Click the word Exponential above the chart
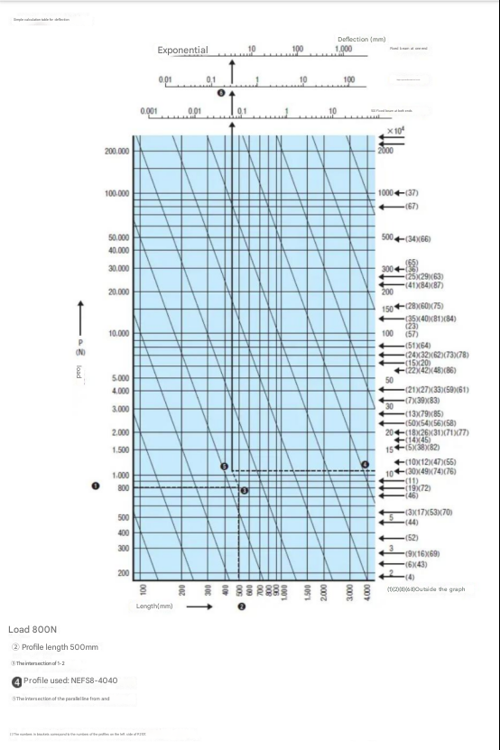click(182, 51)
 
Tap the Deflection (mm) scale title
click(361, 40)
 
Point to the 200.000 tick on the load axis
click(118, 151)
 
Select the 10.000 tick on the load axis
click(118, 334)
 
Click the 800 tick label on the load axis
click(125, 487)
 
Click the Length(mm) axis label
click(153, 606)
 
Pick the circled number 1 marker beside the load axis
click(95, 485)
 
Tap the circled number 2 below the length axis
click(241, 606)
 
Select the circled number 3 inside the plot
click(243, 490)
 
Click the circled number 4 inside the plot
click(366, 464)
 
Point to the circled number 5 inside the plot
click(225, 466)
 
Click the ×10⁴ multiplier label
click(395, 131)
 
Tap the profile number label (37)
click(412, 193)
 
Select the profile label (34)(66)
click(417, 238)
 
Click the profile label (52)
click(411, 537)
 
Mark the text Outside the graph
click(440, 588)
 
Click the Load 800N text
click(32, 628)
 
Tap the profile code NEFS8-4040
click(88, 681)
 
